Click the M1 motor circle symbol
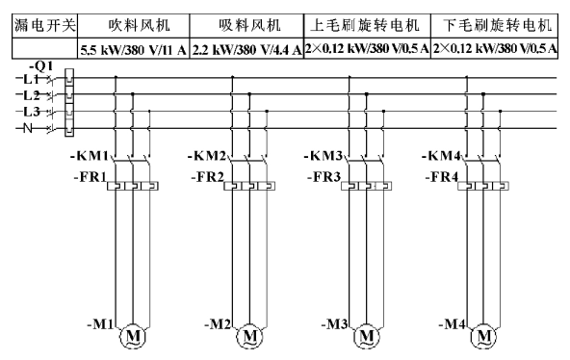[132, 336]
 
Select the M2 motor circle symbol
[249, 336]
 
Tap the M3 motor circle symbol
[367, 336]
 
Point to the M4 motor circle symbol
[483, 336]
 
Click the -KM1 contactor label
[90, 156]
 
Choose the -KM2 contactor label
[207, 156]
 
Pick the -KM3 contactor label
[324, 156]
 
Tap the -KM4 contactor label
[441, 156]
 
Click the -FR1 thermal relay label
[91, 177]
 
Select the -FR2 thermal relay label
[208, 177]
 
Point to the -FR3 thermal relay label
[324, 177]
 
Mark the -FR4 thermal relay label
[442, 177]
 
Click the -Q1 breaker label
[41, 66]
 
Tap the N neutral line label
[28, 128]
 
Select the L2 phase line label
[31, 95]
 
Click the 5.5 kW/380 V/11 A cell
[134, 49]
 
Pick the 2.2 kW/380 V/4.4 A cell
[246, 49]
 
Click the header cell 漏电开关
[44, 26]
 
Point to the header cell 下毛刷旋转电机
[494, 26]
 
